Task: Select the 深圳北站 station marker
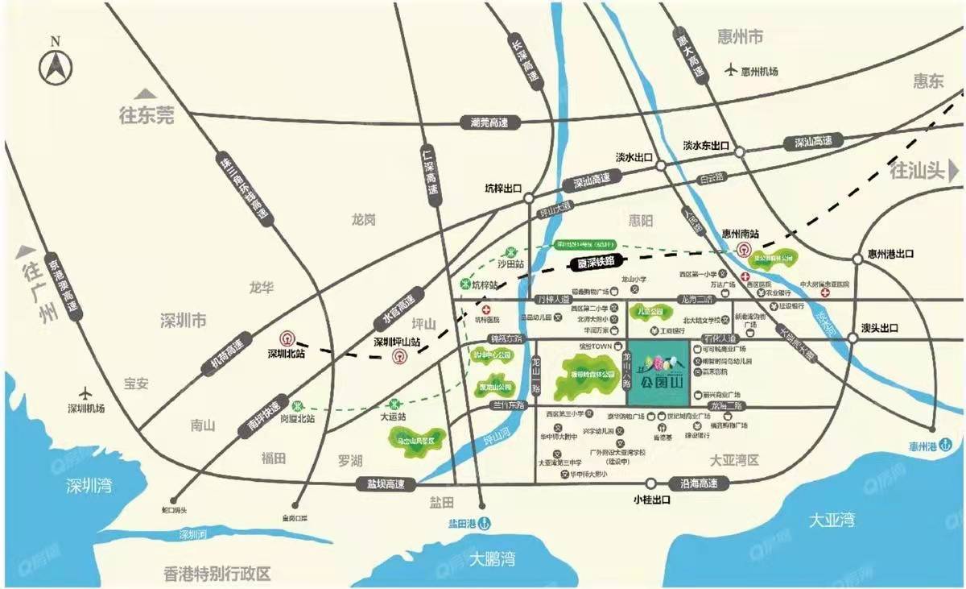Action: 287,340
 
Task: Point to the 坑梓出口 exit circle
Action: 529,197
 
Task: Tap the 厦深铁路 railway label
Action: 596,262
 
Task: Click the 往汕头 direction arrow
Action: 954,170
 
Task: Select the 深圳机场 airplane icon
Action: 86,390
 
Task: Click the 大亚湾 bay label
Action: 832,521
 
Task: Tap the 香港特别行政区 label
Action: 217,574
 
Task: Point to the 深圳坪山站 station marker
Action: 398,356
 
